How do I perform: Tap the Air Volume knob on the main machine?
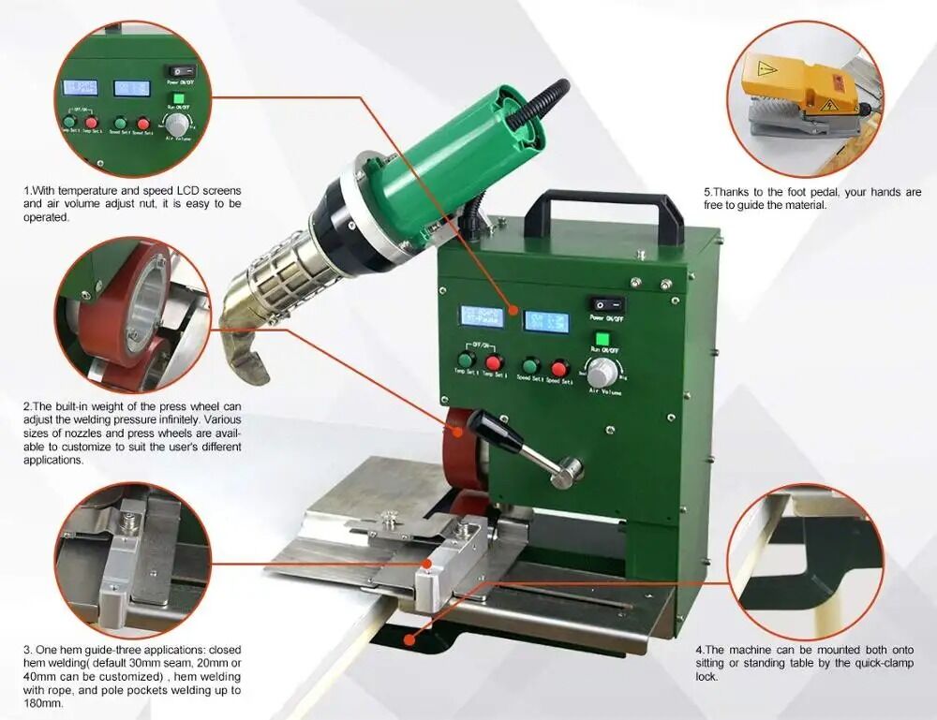coord(603,368)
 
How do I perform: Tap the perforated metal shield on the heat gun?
coord(279,272)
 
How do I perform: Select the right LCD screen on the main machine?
coord(544,321)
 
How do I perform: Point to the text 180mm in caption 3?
coord(40,703)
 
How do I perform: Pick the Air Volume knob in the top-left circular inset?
coord(173,125)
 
